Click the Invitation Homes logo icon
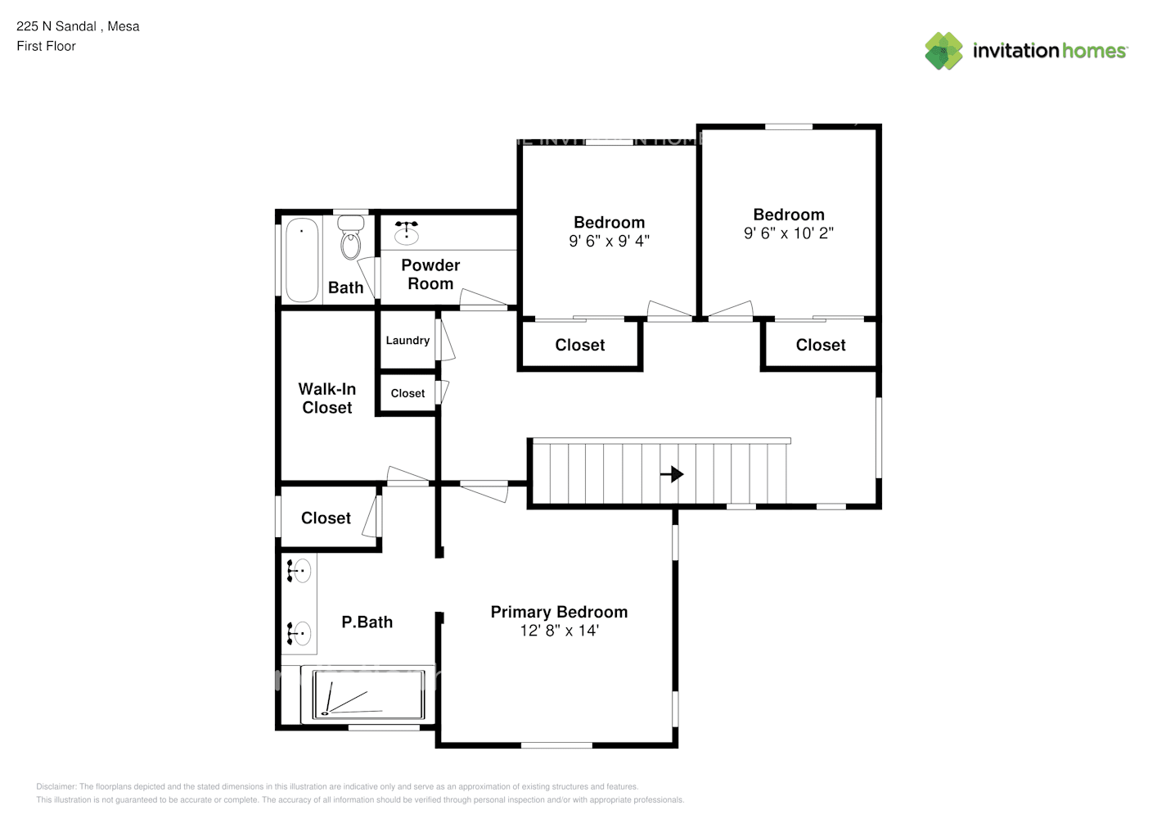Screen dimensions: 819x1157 pos(943,51)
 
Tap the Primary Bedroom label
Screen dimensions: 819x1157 pos(559,612)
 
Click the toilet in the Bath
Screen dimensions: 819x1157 pos(351,238)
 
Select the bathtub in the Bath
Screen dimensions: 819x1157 pos(302,260)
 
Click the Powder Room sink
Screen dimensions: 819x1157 pos(406,233)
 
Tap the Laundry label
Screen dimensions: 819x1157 pos(407,341)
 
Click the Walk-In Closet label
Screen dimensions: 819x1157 pos(327,398)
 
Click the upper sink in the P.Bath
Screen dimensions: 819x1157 pos(299,570)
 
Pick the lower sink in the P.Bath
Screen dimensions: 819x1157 pos(299,633)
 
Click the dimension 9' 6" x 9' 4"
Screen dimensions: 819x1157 pos(609,241)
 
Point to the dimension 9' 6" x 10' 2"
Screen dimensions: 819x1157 pos(788,233)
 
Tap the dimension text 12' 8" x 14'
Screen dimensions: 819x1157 pos(559,631)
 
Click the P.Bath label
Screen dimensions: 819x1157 pos(367,622)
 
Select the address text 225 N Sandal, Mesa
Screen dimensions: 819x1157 pos(78,26)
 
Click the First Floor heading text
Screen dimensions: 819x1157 pos(46,46)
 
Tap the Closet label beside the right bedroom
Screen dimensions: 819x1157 pos(820,346)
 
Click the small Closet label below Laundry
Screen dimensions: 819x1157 pos(407,394)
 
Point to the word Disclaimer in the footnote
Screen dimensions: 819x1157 pos(56,786)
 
